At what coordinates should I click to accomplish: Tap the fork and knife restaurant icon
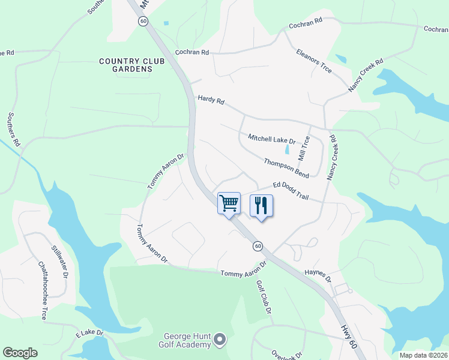pos(261,205)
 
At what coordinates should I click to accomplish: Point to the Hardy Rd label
pos(211,100)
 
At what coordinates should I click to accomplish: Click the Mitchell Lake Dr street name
pos(272,139)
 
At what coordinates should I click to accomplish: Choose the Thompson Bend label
pos(286,167)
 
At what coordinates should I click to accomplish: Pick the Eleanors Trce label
pos(314,61)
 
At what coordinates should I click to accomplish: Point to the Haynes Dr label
pos(319,275)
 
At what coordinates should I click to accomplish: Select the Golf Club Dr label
pos(265,298)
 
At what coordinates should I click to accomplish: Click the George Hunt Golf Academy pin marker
pos(219,340)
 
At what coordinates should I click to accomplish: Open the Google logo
pos(20,353)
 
